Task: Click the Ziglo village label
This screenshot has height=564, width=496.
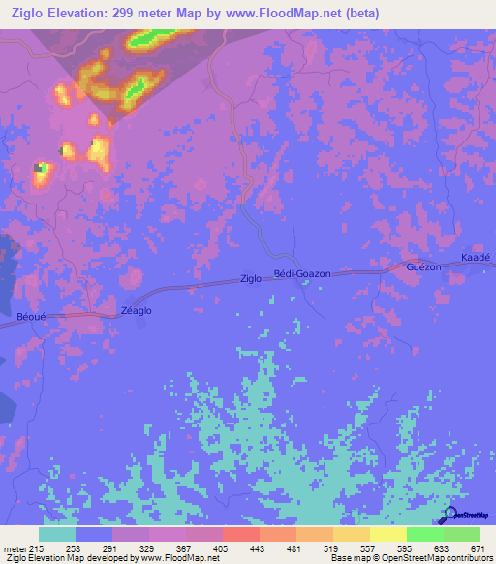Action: point(251,279)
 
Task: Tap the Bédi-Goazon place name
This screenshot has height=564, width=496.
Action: point(302,274)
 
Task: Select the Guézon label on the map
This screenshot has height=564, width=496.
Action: point(424,266)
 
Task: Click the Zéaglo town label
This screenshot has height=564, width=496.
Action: point(136,310)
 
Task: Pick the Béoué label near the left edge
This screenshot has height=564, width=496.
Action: point(32,316)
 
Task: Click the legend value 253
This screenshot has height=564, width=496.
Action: point(57,548)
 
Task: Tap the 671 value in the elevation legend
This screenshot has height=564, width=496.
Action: point(480,548)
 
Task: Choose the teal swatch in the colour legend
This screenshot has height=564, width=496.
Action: point(57,534)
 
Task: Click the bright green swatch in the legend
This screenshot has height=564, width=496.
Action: point(424,534)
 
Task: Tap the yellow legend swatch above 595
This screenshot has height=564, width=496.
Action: point(387,534)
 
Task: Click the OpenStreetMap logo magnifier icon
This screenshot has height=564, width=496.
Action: point(450,516)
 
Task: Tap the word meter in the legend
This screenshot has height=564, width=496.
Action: point(15,548)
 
